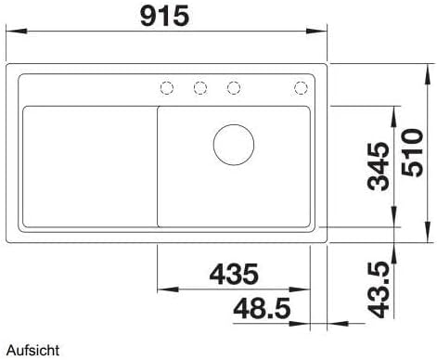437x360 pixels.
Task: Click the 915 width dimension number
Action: [164, 17]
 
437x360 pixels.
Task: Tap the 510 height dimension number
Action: [412, 153]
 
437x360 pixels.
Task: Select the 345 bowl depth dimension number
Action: [378, 166]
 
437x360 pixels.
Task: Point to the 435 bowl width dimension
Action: [234, 274]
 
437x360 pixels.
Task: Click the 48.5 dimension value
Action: [262, 308]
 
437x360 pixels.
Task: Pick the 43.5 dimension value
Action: [378, 289]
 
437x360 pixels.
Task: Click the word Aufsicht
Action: [32, 351]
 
